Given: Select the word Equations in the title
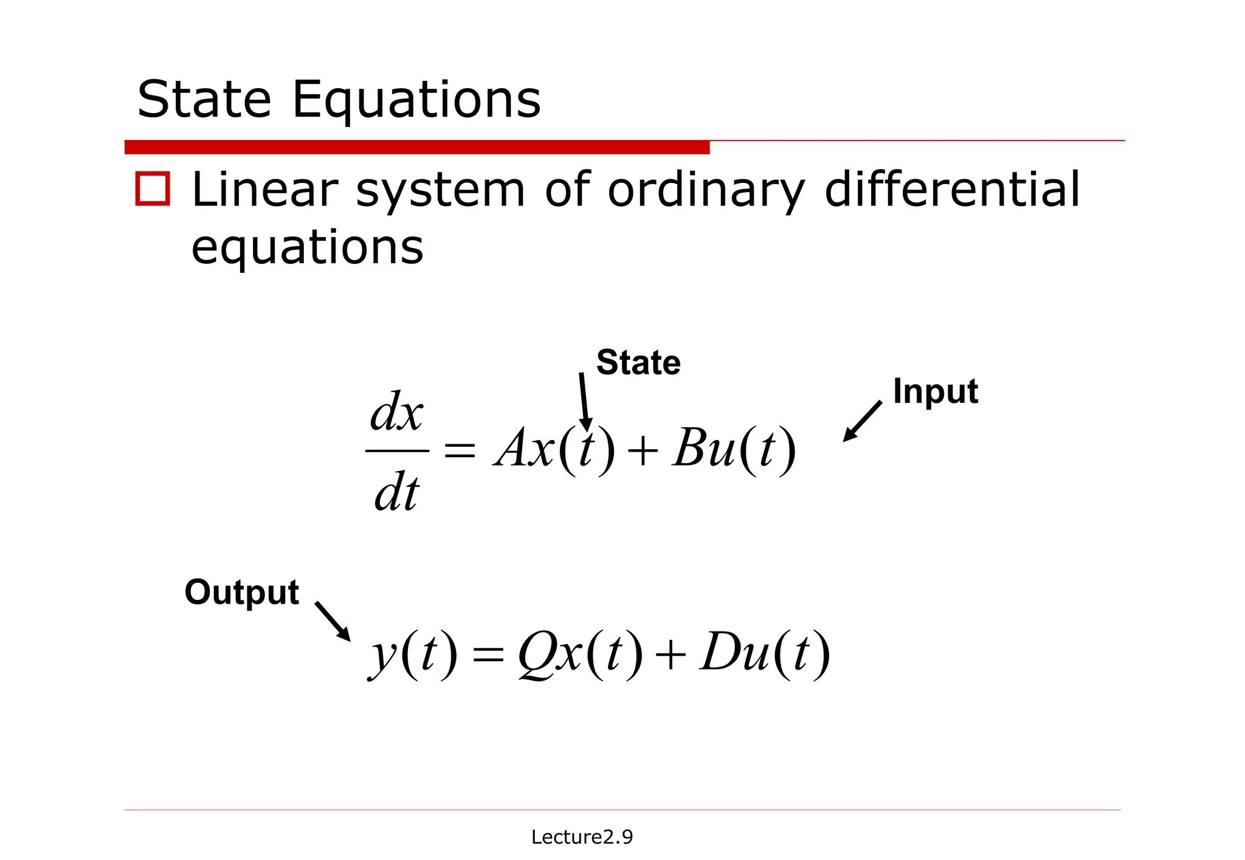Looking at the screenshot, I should click(x=416, y=100).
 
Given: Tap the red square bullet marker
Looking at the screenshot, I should click(x=153, y=189).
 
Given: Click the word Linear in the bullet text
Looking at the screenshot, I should click(x=264, y=190).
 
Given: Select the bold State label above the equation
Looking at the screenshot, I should click(x=638, y=362).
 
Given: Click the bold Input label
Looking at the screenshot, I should click(x=935, y=391).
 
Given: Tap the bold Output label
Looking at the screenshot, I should click(x=242, y=592).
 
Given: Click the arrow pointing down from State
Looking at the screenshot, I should click(x=584, y=401).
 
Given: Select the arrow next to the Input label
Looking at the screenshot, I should click(x=862, y=421).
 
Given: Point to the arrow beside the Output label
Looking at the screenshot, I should click(x=333, y=621).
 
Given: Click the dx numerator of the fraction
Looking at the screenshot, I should click(x=396, y=412).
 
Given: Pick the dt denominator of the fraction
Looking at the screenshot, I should click(x=396, y=492).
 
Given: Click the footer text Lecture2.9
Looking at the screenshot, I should click(x=582, y=837).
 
